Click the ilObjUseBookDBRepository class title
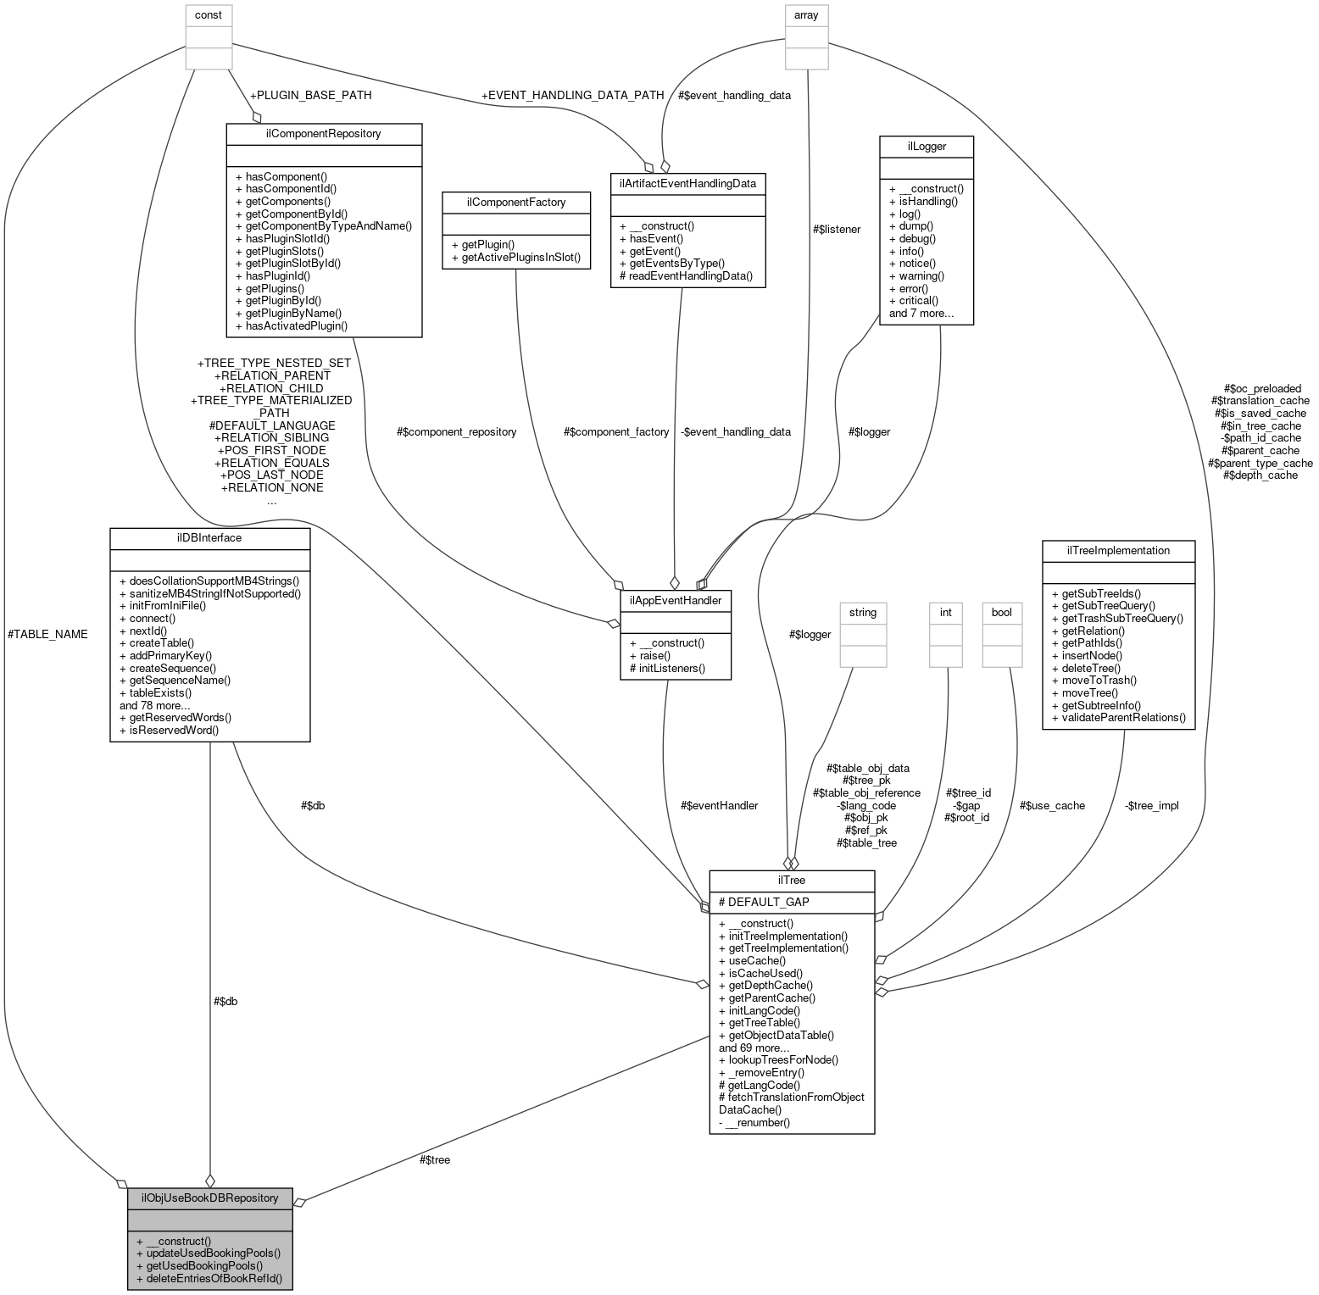click(209, 1198)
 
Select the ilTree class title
click(791, 881)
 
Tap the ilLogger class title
click(926, 147)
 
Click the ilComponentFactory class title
click(516, 202)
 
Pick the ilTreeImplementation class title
click(1117, 551)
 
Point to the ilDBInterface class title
click(209, 538)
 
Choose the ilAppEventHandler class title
click(675, 601)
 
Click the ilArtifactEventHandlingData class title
click(687, 183)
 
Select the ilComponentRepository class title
click(323, 134)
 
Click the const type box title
click(209, 15)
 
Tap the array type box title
click(806, 15)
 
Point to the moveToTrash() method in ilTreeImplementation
click(1094, 680)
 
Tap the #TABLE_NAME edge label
click(47, 634)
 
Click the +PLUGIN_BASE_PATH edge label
click(310, 95)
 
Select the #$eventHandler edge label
click(719, 805)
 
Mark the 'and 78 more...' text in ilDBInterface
click(154, 705)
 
